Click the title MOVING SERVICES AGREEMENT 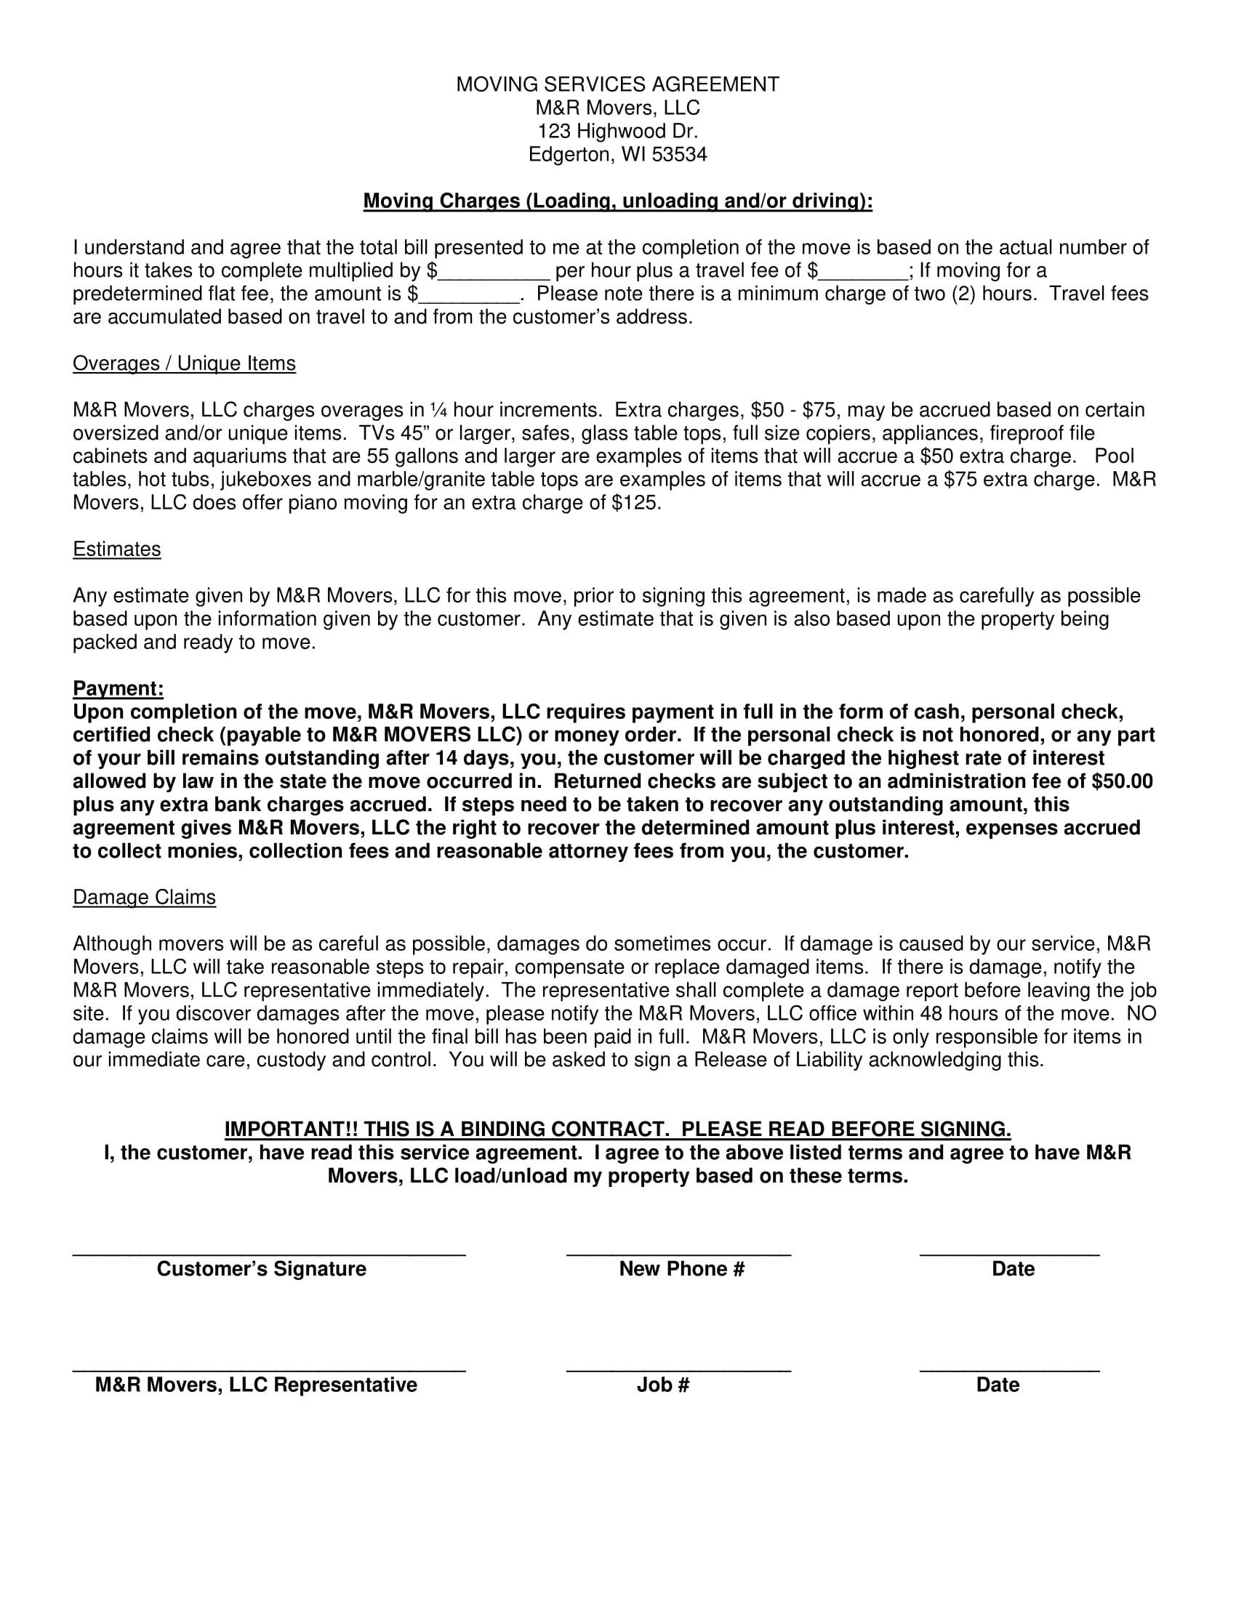[x=617, y=85]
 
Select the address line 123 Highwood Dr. [x=617, y=132]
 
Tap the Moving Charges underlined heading [x=617, y=201]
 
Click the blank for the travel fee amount [x=863, y=273]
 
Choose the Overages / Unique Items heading [x=184, y=364]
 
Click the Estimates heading [x=116, y=550]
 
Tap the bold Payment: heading [x=118, y=689]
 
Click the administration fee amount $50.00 [x=1122, y=782]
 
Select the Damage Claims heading [x=144, y=898]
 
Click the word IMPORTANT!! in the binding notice [x=290, y=1129]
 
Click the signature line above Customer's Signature [x=269, y=1254]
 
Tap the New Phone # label [x=682, y=1270]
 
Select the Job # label [x=662, y=1385]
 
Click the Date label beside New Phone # [x=1013, y=1270]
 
